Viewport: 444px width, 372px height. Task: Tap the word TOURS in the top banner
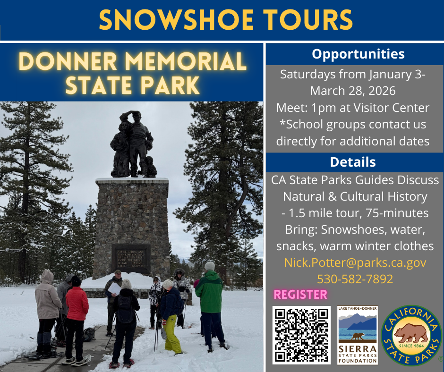click(307, 19)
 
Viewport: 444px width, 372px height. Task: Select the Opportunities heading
click(358, 54)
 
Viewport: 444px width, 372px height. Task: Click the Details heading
click(353, 162)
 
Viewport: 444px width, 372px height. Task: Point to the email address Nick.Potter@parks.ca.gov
click(355, 262)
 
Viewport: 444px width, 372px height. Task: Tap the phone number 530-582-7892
click(355, 279)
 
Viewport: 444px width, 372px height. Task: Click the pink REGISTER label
click(300, 295)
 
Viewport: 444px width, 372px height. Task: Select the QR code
click(301, 335)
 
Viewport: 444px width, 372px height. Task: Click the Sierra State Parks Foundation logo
click(358, 335)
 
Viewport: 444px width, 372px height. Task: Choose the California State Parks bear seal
click(411, 335)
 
